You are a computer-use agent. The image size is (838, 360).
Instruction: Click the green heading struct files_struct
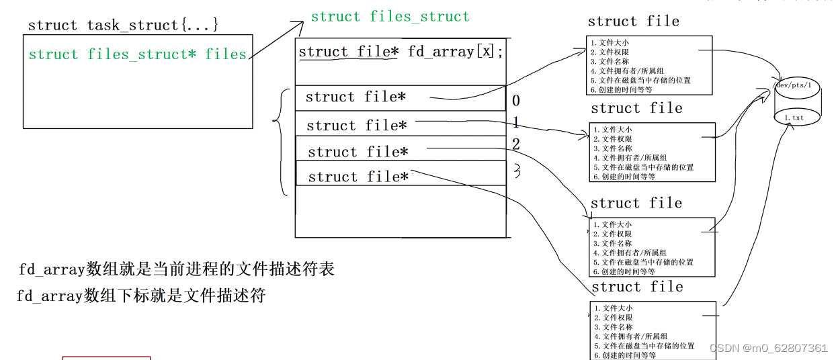390,17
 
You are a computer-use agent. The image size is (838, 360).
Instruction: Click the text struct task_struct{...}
123,26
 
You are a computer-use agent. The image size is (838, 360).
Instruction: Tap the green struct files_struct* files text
138,54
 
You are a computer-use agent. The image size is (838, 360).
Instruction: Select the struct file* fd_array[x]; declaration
401,52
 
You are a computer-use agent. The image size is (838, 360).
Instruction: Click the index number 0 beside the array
516,101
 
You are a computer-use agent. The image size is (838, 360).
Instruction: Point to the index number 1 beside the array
516,123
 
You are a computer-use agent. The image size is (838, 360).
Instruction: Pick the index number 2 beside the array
516,144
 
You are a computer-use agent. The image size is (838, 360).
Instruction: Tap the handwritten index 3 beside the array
517,172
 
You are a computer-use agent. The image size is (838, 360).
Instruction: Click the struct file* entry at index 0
355,97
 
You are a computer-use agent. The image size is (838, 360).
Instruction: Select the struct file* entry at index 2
358,152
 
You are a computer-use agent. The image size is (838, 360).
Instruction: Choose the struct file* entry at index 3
358,177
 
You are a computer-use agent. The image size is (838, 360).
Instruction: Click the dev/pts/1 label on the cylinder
793,86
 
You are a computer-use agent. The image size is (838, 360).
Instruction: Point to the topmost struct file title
633,21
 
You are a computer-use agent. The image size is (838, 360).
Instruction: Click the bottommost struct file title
636,287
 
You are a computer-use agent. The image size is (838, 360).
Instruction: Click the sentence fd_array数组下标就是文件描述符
141,296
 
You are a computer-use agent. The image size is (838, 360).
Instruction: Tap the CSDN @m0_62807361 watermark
768,348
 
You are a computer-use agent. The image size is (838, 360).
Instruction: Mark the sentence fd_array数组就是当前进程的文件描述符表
176,270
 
